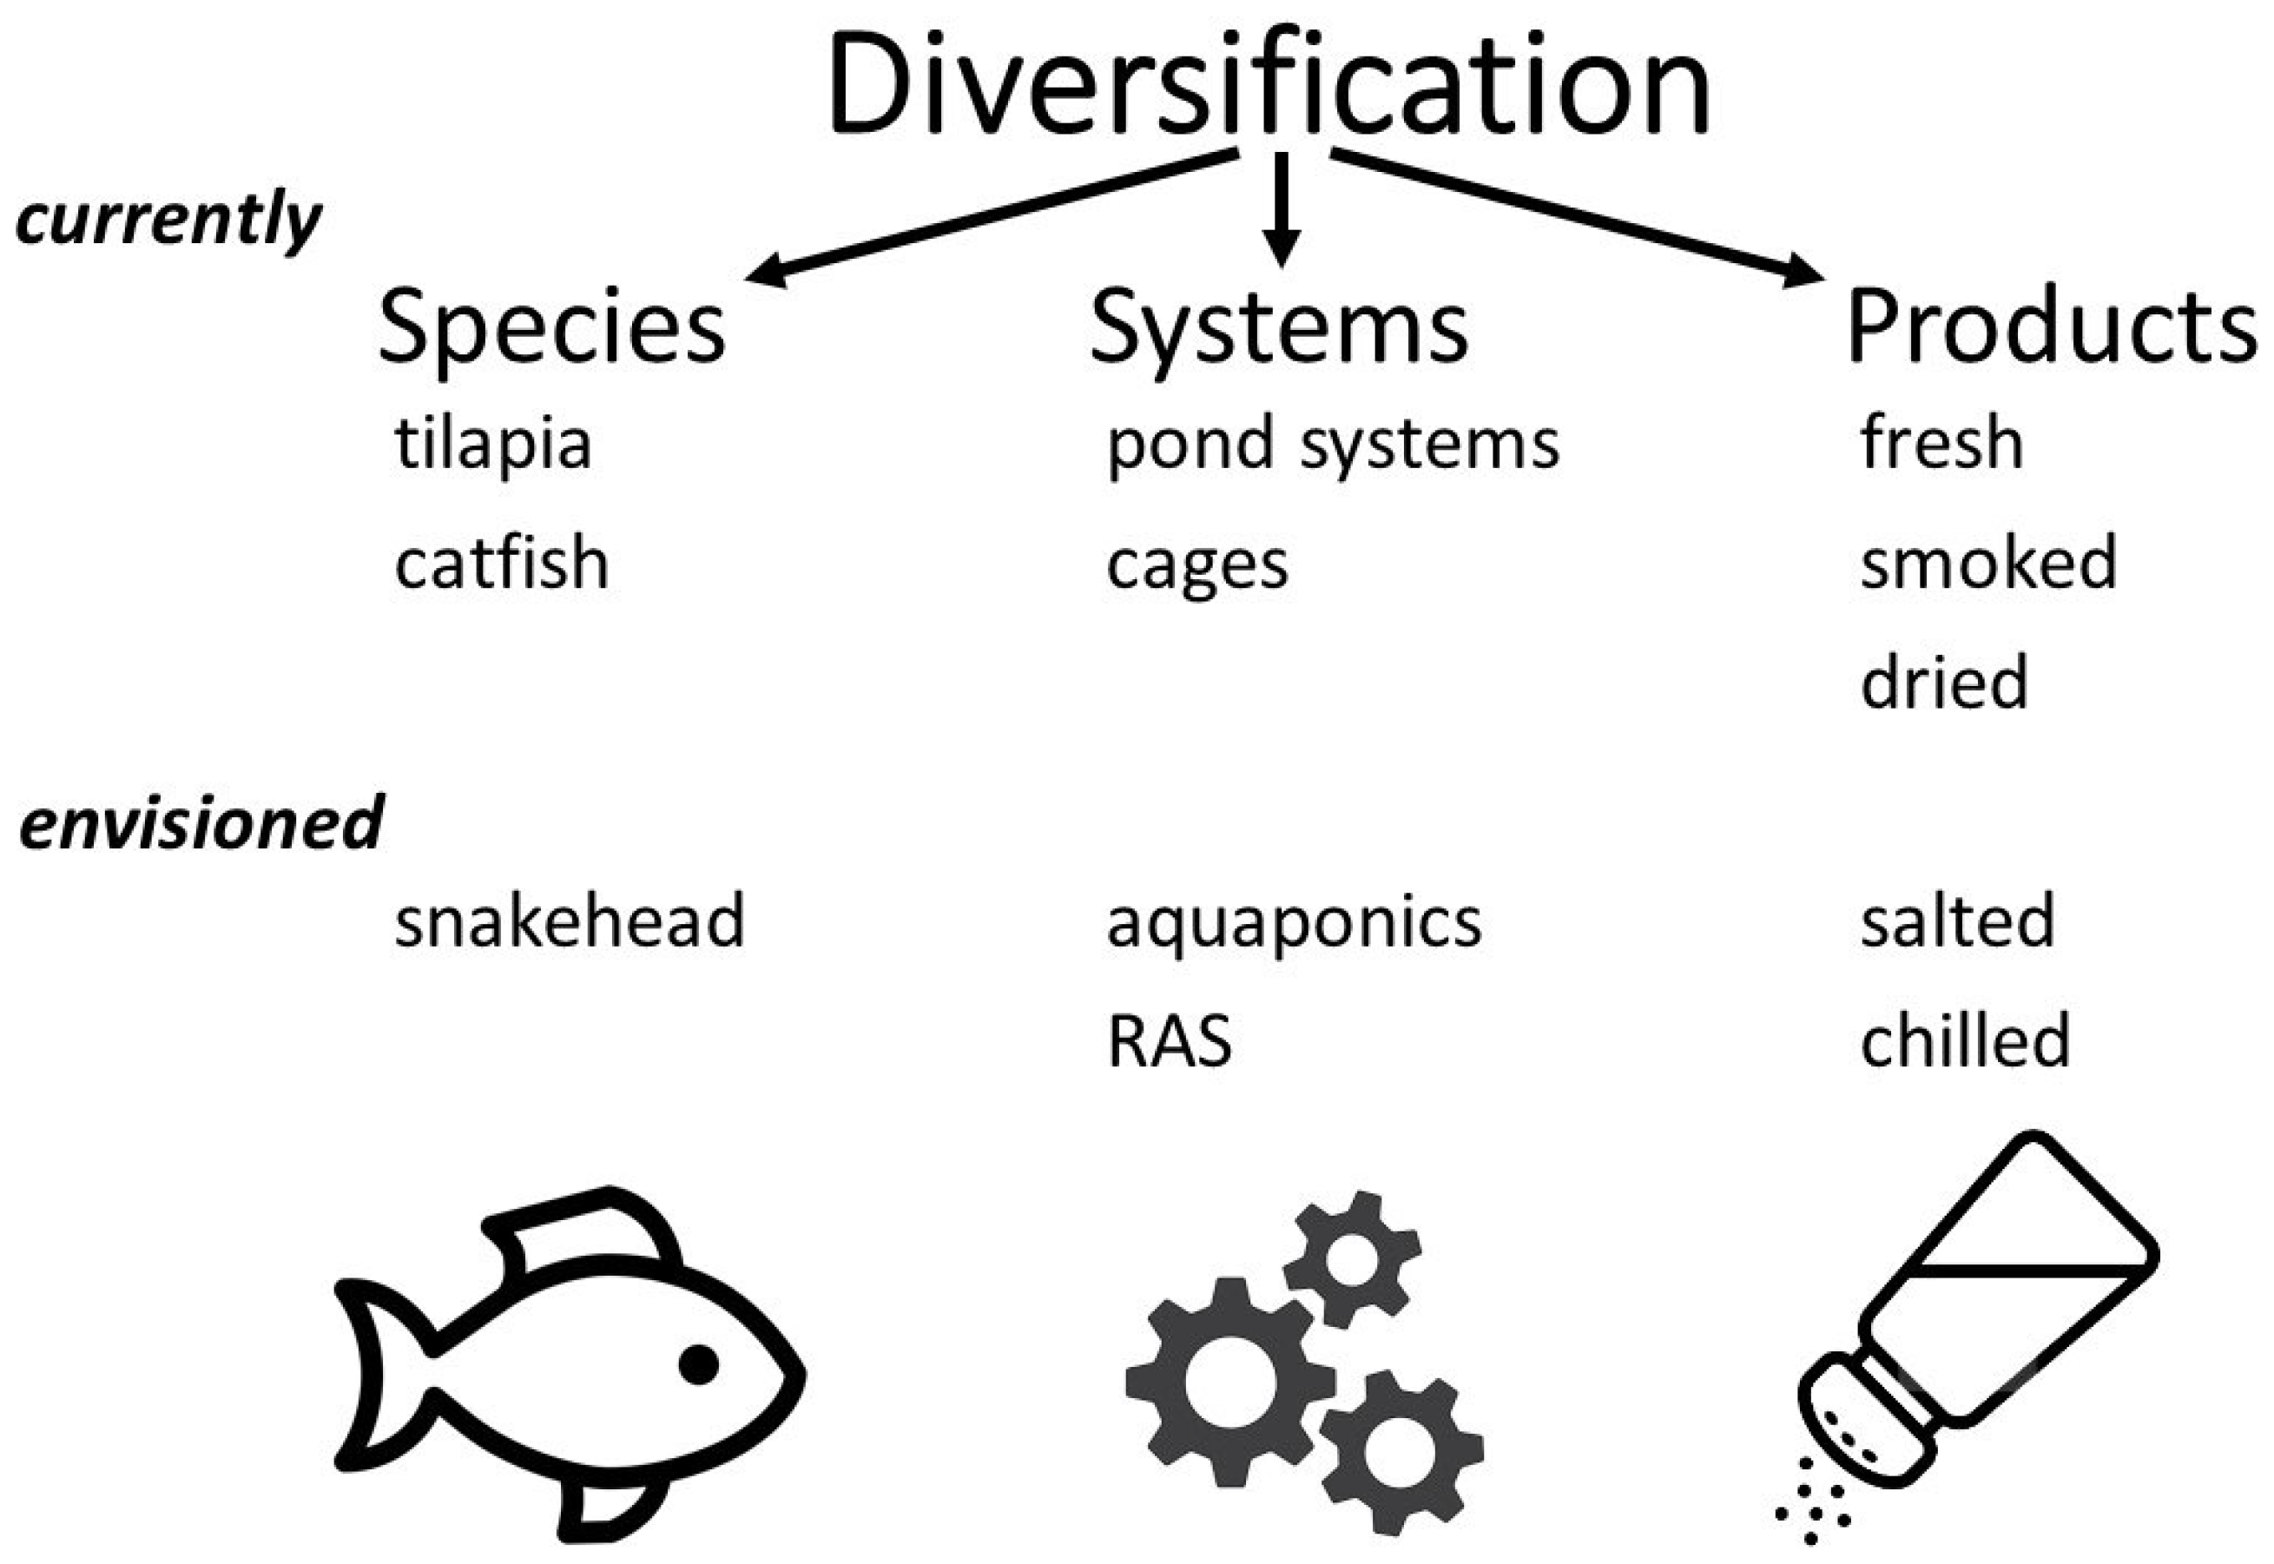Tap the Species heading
[550, 327]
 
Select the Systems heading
[1279, 327]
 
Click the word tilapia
[493, 444]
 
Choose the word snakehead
[570, 921]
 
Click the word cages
[1196, 566]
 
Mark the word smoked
[1988, 564]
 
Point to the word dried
[1944, 682]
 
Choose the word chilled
[1964, 1040]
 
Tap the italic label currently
[168, 220]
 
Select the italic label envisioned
[201, 823]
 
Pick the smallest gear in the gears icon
[1351, 1258]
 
